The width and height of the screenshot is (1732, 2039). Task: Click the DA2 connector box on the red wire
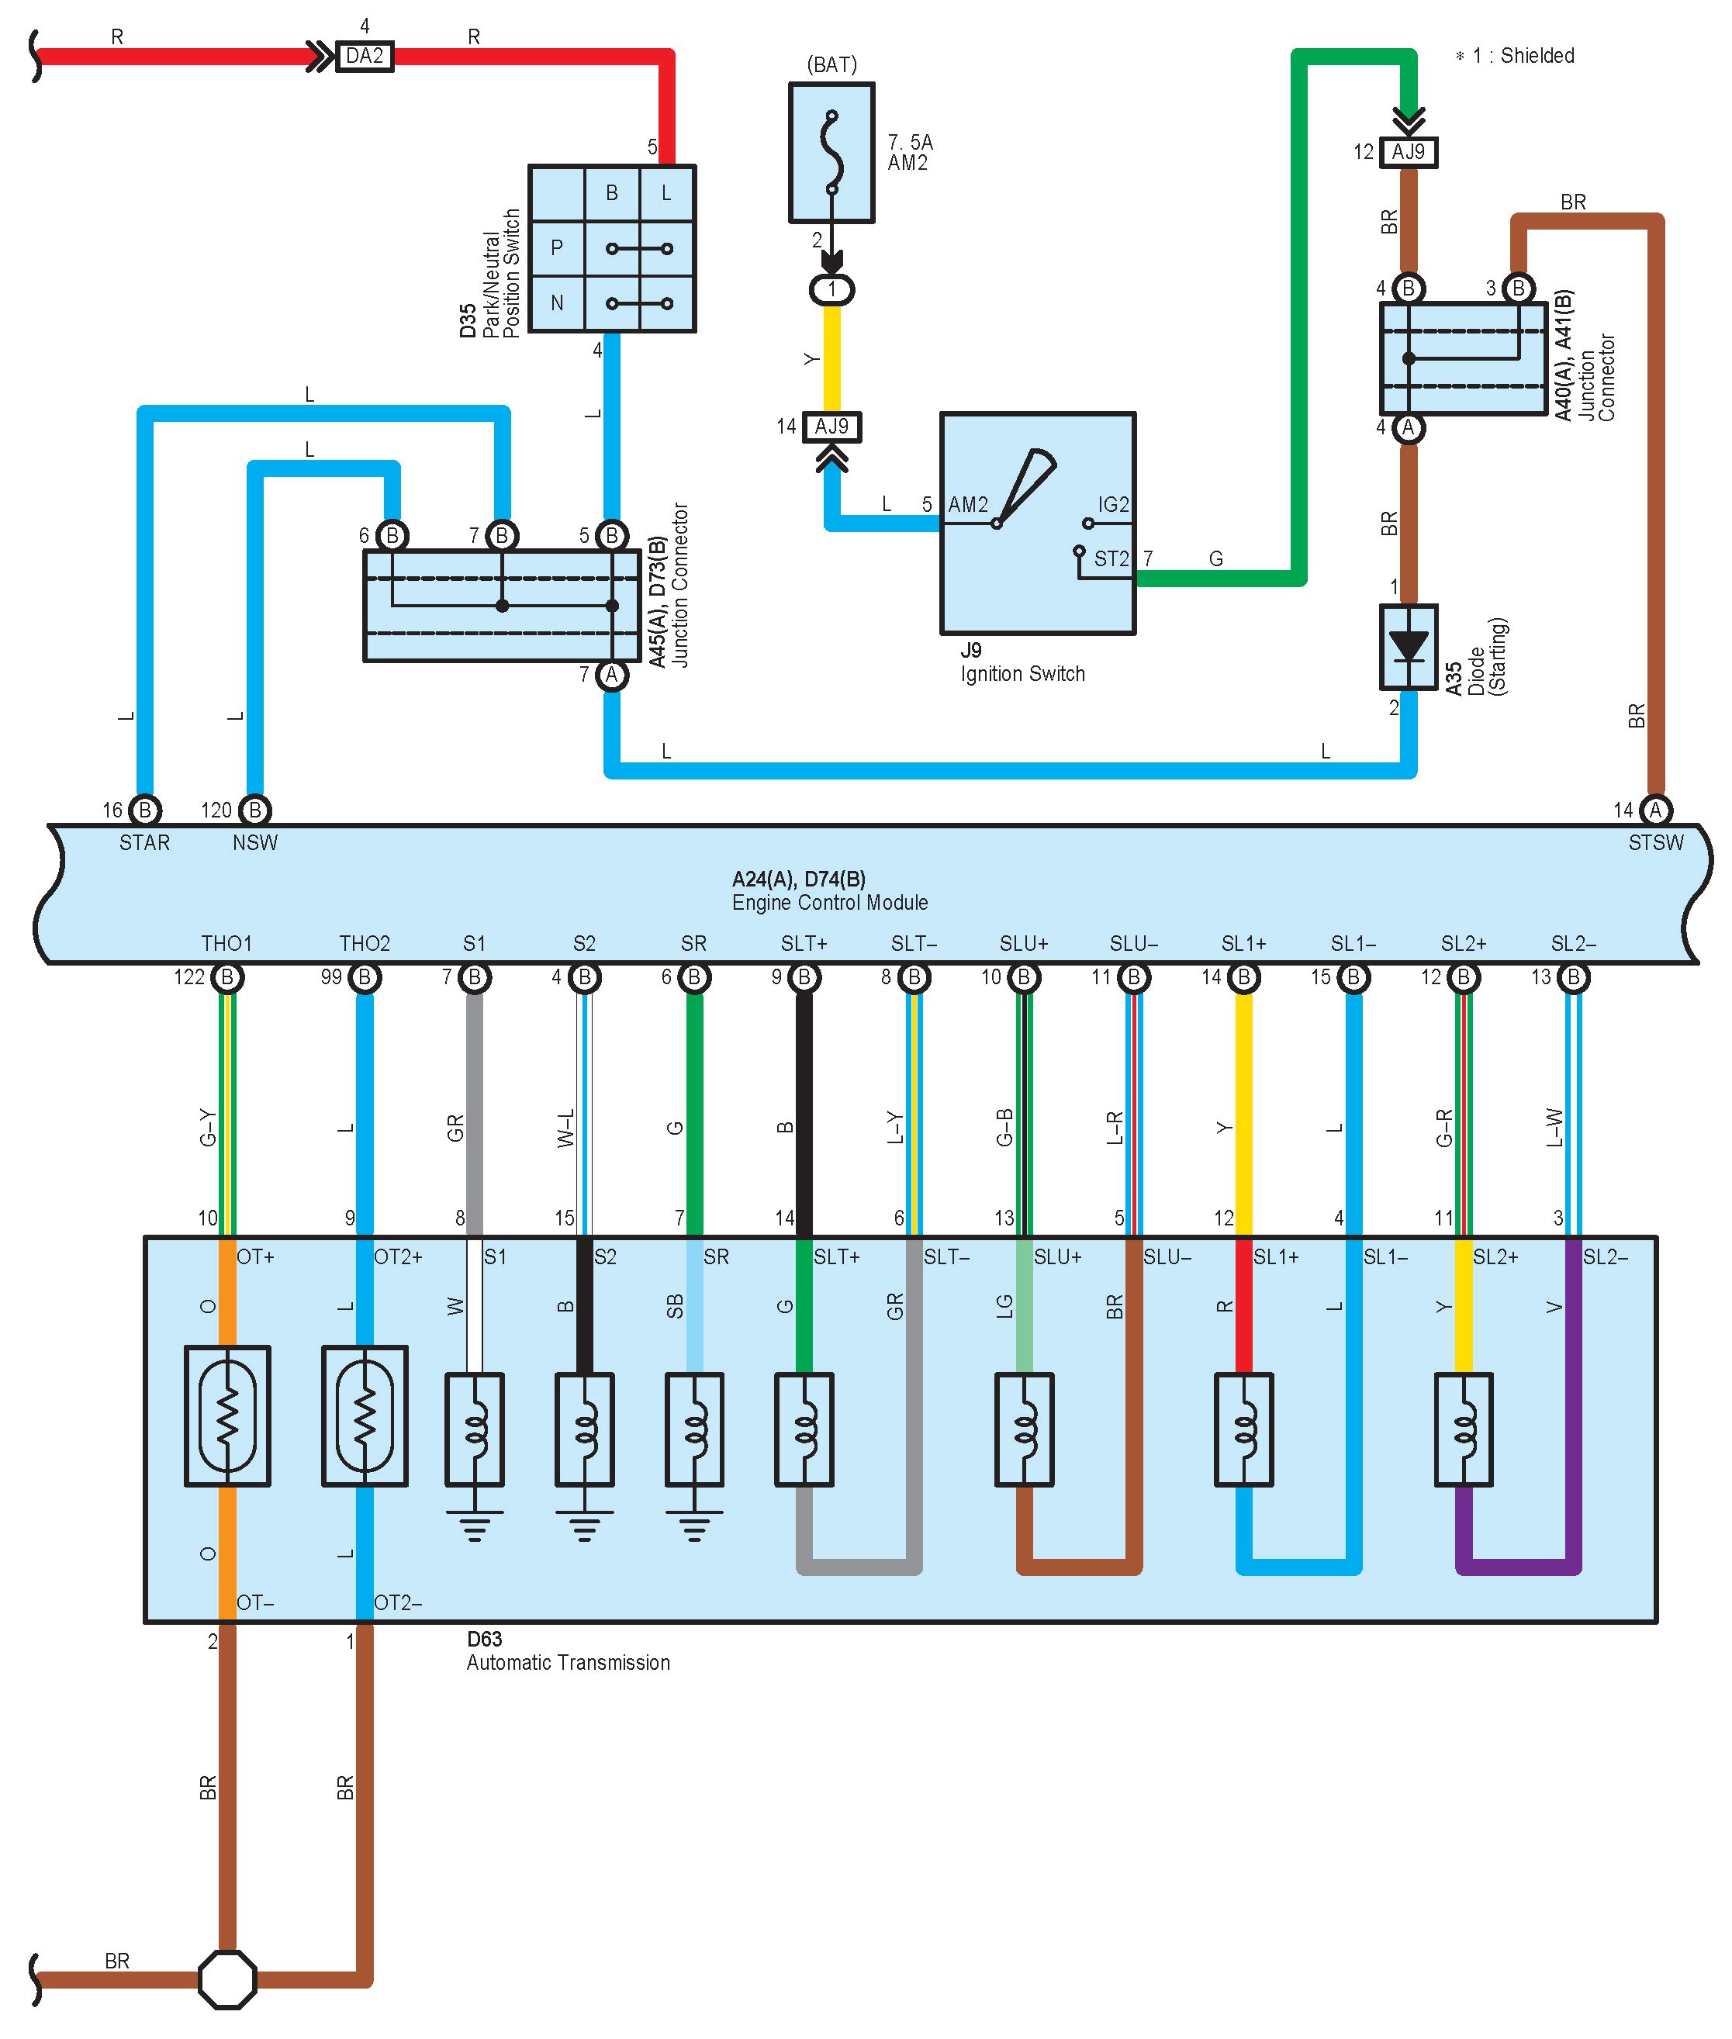[365, 56]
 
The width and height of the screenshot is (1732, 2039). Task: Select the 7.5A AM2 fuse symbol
[831, 152]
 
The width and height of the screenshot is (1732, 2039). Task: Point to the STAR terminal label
[144, 842]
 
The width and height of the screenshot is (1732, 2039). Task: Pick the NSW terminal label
[255, 842]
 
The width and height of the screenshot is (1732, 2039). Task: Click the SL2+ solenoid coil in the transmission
[1463, 1429]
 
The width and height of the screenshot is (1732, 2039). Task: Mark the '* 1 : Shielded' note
[1514, 56]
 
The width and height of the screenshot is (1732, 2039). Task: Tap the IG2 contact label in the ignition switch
[1114, 505]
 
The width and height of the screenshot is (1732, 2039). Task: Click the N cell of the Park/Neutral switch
[557, 303]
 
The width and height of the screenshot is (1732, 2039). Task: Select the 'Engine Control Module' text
[830, 902]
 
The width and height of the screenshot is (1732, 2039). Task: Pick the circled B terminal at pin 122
[226, 978]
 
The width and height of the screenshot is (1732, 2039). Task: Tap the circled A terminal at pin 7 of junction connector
[612, 676]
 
